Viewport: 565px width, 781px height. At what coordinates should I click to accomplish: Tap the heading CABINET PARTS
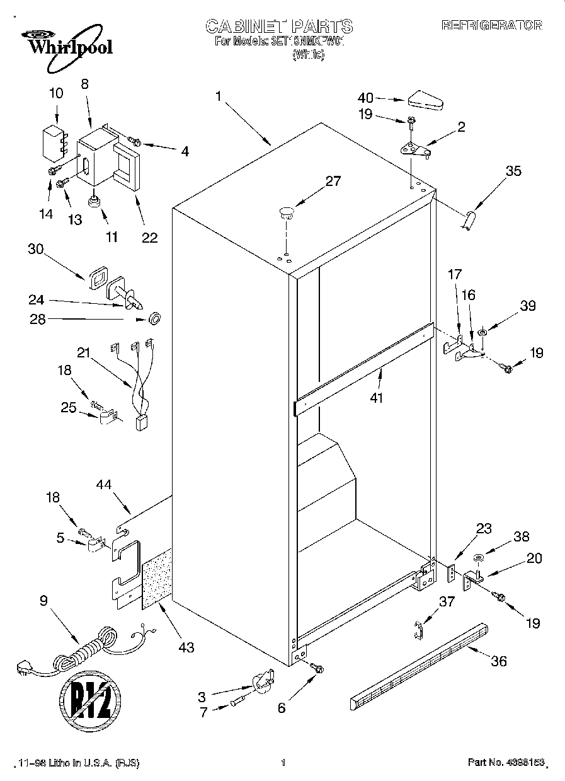(x=279, y=26)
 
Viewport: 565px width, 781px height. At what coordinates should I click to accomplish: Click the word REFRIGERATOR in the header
(x=491, y=26)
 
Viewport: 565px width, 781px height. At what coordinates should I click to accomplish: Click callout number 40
(x=365, y=98)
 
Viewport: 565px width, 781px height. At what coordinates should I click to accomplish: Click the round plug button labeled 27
(x=287, y=212)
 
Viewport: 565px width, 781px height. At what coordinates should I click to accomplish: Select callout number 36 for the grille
(x=498, y=661)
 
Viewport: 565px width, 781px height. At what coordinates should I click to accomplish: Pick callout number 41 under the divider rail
(x=377, y=398)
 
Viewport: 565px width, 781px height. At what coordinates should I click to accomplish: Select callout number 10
(x=56, y=93)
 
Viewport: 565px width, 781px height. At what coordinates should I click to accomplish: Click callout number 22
(x=149, y=238)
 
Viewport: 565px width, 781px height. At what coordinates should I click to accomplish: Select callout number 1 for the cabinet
(x=218, y=96)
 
